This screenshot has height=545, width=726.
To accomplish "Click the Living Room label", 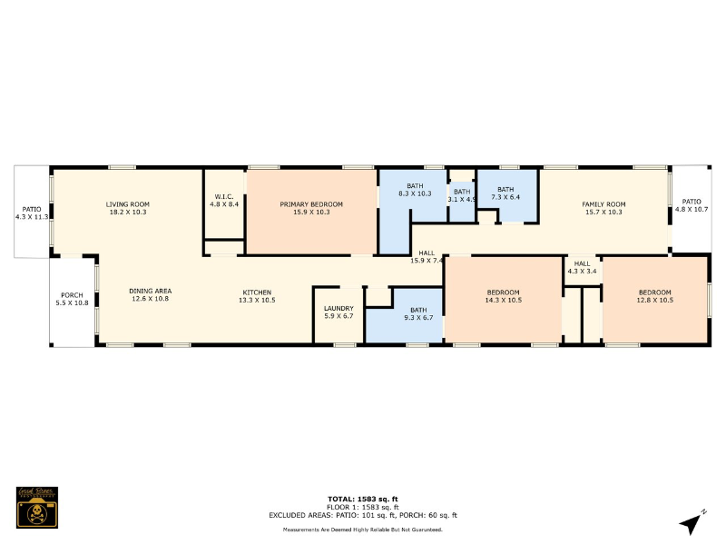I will point(127,204).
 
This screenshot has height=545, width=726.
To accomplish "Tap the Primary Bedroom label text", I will point(311,204).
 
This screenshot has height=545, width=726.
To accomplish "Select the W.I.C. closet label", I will point(225,197).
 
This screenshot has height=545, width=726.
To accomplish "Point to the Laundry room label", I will point(338,308).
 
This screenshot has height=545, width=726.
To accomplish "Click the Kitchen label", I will point(256,292).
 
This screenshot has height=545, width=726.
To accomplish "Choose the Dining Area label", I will point(149,291).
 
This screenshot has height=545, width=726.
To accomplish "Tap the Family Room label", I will point(603,204).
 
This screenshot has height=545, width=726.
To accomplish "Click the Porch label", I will point(72,294).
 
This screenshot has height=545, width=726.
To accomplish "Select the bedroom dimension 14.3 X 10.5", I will point(503,300).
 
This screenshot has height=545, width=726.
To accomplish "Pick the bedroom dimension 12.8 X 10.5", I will point(654,300).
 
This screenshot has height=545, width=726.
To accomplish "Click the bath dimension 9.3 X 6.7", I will point(417,317).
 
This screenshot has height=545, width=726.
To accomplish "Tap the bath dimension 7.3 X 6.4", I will point(505,197).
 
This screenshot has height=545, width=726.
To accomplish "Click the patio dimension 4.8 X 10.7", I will point(692,209).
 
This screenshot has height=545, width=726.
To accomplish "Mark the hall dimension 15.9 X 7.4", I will point(426,261).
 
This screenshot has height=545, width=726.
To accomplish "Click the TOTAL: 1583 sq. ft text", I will point(363,499).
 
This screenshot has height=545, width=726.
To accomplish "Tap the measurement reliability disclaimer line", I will point(363,529).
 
